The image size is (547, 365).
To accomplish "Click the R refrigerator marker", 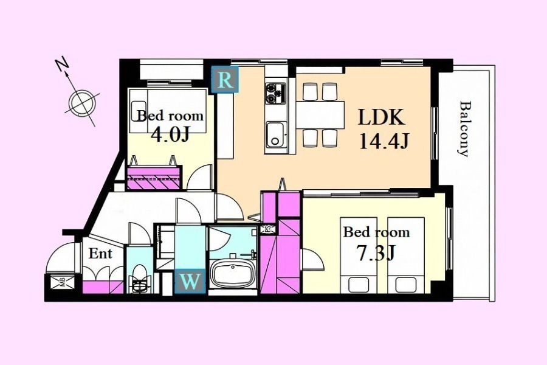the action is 225,80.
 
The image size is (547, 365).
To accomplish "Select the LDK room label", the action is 382,117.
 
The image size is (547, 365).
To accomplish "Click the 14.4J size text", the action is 384,142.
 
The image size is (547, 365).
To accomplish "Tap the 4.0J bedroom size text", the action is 170,134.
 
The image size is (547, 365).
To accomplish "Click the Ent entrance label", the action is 100,254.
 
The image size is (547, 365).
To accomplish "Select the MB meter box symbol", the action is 63,282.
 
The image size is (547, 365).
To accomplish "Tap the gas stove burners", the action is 275,93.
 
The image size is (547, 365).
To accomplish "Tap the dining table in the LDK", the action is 320,115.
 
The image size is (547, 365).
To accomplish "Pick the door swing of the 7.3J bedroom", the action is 312,259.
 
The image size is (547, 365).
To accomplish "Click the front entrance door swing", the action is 60,257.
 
